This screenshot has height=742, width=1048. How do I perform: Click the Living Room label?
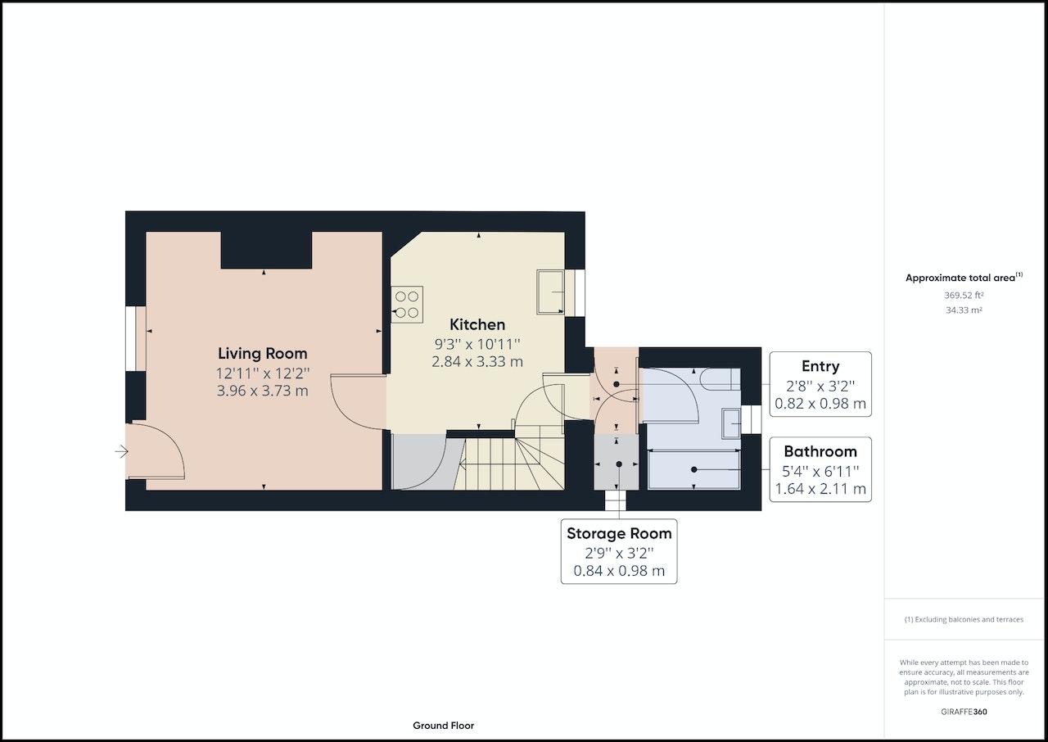pos(263,353)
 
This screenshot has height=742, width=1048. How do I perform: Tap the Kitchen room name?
pos(477,324)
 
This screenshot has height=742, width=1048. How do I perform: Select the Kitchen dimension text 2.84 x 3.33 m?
pos(477,362)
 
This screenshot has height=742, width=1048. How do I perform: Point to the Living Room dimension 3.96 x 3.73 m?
pos(263,391)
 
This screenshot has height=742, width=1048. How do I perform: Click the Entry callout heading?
pos(820,366)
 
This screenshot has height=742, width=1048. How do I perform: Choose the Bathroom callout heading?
pos(820,451)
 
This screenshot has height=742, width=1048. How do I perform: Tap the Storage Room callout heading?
pos(619,533)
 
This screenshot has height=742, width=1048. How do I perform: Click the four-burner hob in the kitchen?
pos(407,304)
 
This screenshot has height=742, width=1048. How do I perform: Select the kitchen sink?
pos(551,292)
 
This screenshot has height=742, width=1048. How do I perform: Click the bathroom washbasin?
pos(731,423)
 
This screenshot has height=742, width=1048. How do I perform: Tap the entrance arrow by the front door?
pos(122,451)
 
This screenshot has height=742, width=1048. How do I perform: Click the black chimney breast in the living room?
pos(266,250)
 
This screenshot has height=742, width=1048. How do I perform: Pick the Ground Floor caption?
pos(443,725)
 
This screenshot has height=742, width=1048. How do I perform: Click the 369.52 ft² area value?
pos(964,295)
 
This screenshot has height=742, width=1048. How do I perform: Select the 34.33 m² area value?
pos(964,310)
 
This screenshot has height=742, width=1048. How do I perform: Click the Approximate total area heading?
pos(964,278)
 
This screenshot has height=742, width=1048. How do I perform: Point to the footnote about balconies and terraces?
pos(964,619)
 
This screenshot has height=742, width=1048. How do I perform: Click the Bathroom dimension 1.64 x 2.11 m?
pos(820,489)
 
